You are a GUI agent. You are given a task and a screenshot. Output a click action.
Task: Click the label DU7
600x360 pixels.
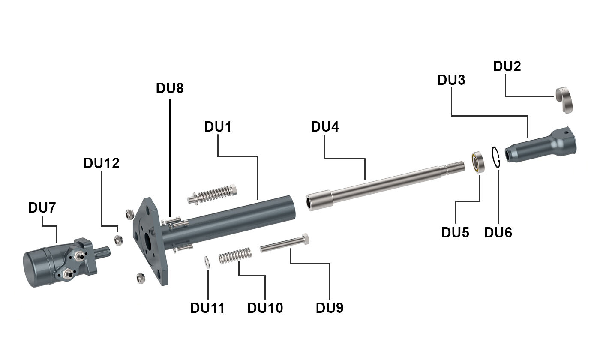42,208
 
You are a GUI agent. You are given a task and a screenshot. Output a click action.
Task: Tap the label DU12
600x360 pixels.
102,163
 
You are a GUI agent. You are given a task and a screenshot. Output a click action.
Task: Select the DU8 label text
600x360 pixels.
170,88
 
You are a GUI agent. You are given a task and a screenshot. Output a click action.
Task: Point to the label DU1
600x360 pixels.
218,127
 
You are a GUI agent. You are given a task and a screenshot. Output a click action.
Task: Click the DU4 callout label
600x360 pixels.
325,127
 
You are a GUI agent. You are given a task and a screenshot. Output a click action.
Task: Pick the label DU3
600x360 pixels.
451,80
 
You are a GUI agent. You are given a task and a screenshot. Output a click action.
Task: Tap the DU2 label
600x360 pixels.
507,66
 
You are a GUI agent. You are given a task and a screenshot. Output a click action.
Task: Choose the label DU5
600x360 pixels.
455,232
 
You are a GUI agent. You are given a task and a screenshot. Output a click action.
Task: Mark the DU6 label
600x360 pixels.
498,232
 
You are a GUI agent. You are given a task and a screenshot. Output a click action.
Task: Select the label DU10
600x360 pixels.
265,308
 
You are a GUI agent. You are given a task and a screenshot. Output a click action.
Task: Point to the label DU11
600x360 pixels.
207,308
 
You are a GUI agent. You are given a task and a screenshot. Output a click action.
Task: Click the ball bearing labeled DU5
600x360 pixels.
478,162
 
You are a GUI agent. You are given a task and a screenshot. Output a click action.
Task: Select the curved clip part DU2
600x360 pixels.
566,100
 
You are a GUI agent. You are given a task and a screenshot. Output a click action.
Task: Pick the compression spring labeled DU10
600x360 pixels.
235,256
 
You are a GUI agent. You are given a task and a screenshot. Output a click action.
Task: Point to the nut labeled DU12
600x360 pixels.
119,240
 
